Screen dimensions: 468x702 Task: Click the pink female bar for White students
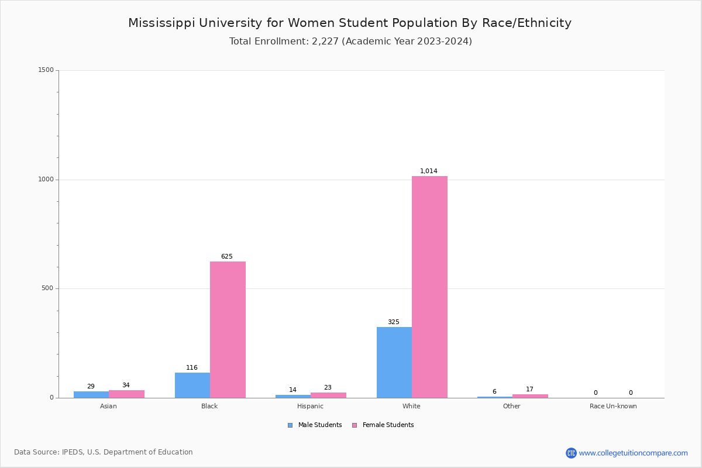(x=429, y=287)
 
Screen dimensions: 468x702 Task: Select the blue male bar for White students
(x=394, y=362)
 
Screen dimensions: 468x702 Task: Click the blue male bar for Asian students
(x=91, y=394)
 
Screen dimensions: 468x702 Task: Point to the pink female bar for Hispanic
(x=328, y=395)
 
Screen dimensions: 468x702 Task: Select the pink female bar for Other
(x=530, y=395)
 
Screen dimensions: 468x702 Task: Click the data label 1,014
(x=429, y=171)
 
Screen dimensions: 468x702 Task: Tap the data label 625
(x=227, y=256)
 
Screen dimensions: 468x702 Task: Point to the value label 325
(x=394, y=322)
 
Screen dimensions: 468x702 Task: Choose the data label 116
(x=192, y=367)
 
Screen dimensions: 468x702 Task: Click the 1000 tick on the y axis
(x=46, y=180)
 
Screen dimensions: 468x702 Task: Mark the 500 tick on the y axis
(x=47, y=288)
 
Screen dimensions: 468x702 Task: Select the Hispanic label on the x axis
(x=310, y=406)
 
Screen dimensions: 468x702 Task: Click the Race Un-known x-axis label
(x=613, y=406)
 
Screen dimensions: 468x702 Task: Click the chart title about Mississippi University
(x=350, y=23)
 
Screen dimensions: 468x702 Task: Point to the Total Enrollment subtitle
(x=350, y=41)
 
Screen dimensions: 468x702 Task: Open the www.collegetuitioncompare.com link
(x=633, y=453)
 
